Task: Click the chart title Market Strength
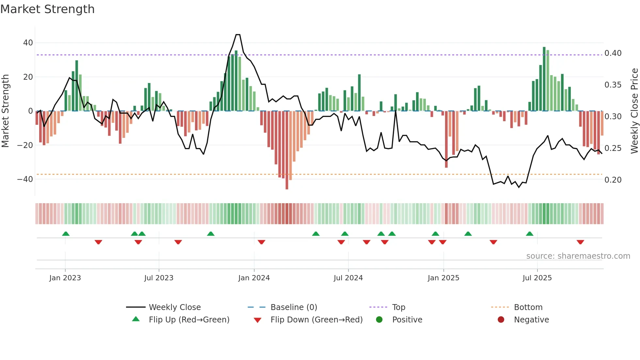pyautogui.click(x=47, y=9)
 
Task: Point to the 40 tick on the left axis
pyautogui.click(x=28, y=43)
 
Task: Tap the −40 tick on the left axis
pyautogui.click(x=25, y=179)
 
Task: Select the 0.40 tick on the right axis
pyautogui.click(x=613, y=53)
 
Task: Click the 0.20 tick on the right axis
pyautogui.click(x=613, y=180)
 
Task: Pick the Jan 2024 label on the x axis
pyautogui.click(x=254, y=278)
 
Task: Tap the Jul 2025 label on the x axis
pyautogui.click(x=537, y=278)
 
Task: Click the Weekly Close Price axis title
pyautogui.click(x=634, y=111)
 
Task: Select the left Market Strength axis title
pyautogui.click(x=5, y=111)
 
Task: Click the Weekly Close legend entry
pyautogui.click(x=174, y=307)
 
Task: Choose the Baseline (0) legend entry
pyautogui.click(x=294, y=307)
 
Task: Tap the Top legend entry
pyautogui.click(x=398, y=307)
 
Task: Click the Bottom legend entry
pyautogui.click(x=528, y=307)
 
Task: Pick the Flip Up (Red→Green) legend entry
pyautogui.click(x=189, y=320)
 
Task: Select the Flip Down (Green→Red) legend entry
pyautogui.click(x=316, y=320)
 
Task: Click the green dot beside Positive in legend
pyautogui.click(x=379, y=320)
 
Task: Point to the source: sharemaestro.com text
pyautogui.click(x=578, y=256)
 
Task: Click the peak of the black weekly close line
pyautogui.click(x=238, y=35)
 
